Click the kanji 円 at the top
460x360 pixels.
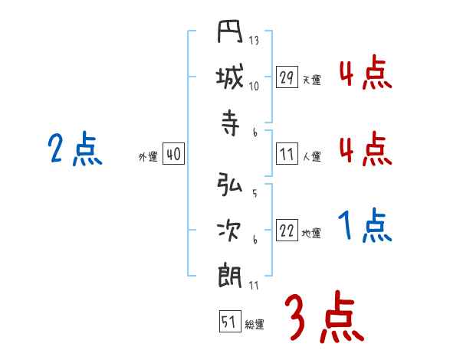[230, 35]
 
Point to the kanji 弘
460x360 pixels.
[230, 186]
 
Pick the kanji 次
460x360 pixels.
[230, 230]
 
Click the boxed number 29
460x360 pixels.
[287, 77]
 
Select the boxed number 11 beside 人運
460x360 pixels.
[287, 154]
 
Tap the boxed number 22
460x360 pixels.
[287, 231]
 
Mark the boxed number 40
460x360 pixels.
[173, 154]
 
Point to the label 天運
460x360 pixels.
[311, 80]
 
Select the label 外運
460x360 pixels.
[148, 156]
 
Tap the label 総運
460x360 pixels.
[254, 324]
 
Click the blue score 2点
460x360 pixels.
[74, 149]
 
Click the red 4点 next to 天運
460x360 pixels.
[364, 74]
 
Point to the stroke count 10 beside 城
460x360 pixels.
[254, 86]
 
